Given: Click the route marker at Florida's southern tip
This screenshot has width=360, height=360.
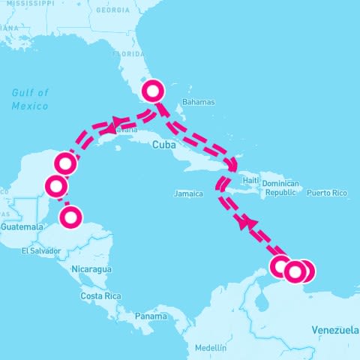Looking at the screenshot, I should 152,91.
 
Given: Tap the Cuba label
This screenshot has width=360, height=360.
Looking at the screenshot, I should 163,145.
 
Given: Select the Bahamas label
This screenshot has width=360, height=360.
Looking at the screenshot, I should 199,102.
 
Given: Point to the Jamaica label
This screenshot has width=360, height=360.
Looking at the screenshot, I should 187,193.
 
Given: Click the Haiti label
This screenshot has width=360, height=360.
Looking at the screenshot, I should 250,181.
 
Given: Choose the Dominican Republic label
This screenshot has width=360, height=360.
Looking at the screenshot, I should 281,187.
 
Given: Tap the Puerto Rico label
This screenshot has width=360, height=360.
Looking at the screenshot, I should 327,193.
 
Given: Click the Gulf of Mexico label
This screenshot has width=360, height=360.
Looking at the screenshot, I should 30,99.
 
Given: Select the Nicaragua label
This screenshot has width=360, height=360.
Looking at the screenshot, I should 91,268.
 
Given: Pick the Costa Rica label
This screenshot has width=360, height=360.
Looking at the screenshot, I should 100,296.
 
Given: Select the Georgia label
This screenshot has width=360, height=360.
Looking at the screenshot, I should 113,11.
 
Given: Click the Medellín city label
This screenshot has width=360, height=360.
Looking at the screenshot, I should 210,348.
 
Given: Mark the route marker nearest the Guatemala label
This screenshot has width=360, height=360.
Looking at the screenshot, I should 70,217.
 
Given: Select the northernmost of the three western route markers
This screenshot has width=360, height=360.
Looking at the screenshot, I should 66,163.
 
